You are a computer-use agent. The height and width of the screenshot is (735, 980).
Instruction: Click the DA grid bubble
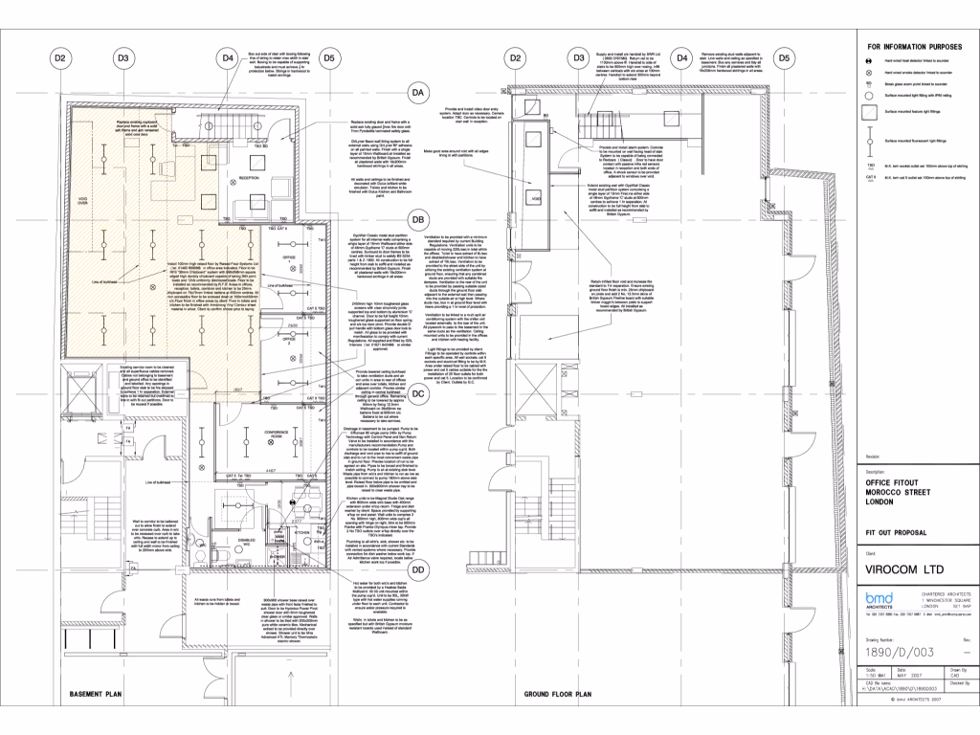[417, 93]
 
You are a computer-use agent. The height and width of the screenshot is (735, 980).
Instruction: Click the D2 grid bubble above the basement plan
[59, 58]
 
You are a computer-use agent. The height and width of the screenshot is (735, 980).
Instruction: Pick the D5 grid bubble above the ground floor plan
[784, 58]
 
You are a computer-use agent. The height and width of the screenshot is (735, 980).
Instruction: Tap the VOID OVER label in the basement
[56, 201]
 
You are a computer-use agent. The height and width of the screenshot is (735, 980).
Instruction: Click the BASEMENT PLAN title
[87, 694]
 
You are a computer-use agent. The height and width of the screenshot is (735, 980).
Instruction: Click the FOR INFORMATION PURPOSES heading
[913, 45]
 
